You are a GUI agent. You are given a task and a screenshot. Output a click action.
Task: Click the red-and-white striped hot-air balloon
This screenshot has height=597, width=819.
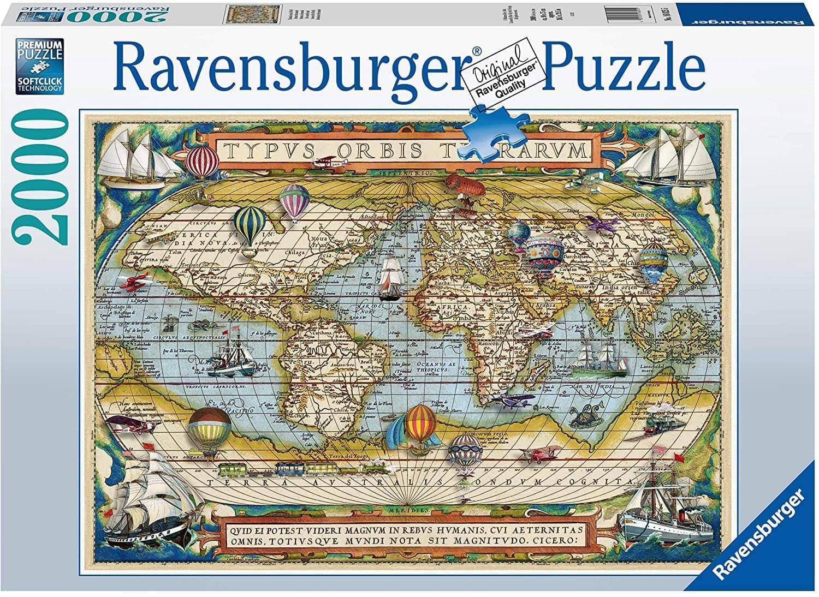click(x=202, y=159)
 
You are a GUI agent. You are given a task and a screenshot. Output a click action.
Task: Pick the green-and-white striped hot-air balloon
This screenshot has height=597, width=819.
click(x=250, y=226)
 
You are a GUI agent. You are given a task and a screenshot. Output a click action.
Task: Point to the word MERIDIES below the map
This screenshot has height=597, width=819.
click(x=416, y=510)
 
